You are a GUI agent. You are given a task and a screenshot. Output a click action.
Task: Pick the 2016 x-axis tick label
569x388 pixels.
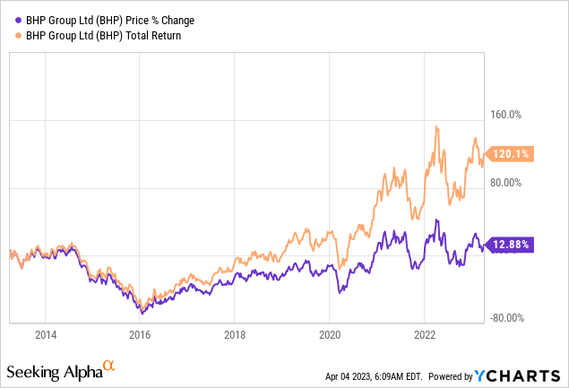coord(139,334)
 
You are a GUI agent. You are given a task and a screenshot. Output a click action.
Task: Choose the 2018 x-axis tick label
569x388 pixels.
coord(234,334)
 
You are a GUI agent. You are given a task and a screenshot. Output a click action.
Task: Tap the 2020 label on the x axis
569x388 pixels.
coord(329,334)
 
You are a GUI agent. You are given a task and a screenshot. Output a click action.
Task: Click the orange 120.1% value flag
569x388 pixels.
coord(512,154)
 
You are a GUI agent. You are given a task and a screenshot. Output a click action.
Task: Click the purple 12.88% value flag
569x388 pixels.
coord(512,244)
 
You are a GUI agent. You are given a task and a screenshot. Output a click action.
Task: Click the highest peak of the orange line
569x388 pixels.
coord(435,127)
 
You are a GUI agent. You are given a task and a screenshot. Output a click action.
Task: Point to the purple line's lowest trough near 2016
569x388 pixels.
coord(141,313)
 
